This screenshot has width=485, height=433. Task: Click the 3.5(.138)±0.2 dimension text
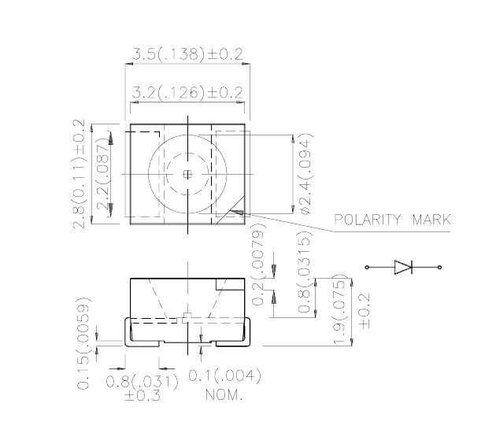[187, 54]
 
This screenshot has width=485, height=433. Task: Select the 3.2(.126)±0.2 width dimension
[187, 92]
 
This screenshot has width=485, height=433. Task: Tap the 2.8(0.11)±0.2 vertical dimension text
[79, 174]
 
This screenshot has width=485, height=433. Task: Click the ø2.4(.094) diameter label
[306, 173]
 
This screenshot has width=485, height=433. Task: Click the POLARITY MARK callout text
[393, 220]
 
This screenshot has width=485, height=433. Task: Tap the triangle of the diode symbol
[403, 267]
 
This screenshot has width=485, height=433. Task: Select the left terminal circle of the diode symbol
[367, 267]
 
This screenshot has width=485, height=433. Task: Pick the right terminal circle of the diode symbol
[439, 267]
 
